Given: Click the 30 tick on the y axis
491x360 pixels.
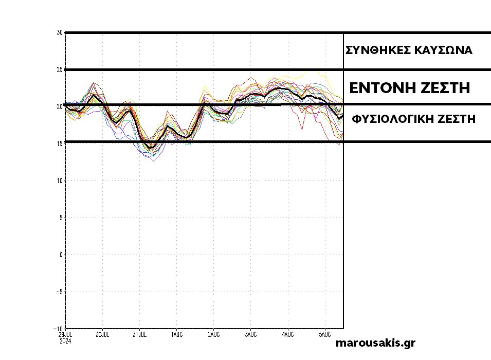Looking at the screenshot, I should tap(60, 32).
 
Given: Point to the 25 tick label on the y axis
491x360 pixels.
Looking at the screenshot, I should tap(60, 69).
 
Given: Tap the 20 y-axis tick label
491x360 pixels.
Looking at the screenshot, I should tap(60, 106).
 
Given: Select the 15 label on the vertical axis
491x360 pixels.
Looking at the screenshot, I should tap(60, 143).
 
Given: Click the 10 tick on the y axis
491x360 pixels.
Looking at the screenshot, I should tap(60, 181).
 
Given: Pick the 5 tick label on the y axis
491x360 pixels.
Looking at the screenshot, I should tap(61, 218).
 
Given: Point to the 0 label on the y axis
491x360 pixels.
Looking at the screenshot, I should tap(61, 255).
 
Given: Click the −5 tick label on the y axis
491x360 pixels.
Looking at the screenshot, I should tap(59, 292).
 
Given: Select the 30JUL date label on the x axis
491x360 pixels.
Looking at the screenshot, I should tap(102, 334).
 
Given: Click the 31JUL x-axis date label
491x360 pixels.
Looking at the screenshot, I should tap(139, 334).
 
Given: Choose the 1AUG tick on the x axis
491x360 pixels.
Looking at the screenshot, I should tap(176, 334).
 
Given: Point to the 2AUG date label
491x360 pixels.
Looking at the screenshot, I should tap(213, 334).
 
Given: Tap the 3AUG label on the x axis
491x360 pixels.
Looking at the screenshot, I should tap(250, 334).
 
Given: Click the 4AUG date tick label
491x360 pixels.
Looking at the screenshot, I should tap(287, 334).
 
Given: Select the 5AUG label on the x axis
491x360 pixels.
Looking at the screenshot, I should tap(324, 334).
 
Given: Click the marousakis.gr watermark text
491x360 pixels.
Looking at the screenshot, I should tap(375, 343).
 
